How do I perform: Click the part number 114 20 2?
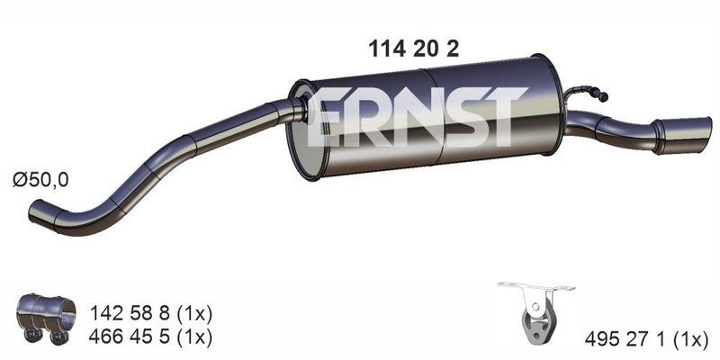pos(413,49)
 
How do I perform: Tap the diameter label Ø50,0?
pos(40,180)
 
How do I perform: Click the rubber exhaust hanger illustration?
pos(536,313)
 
